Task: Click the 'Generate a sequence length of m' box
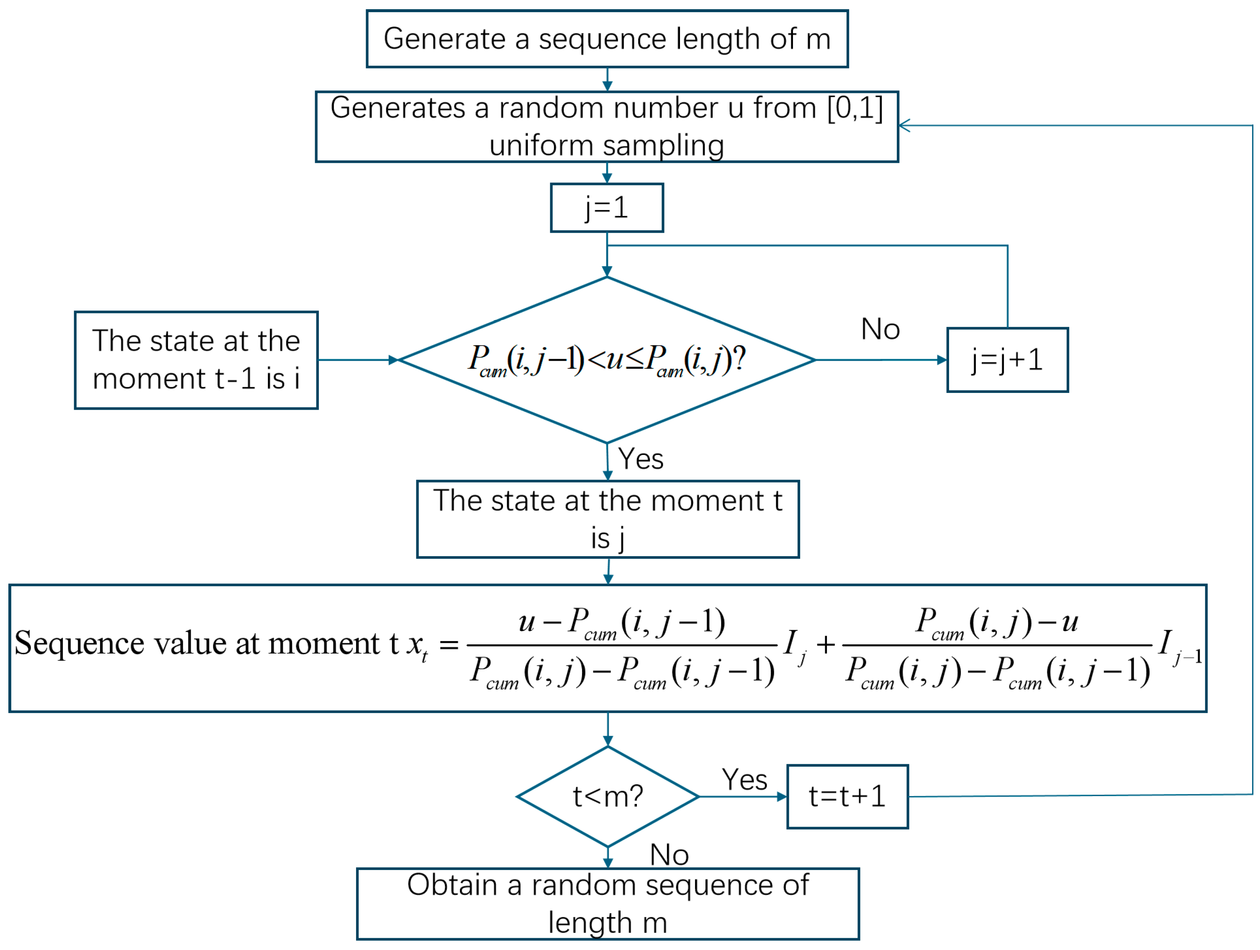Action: tap(607, 39)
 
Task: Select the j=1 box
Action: tap(607, 208)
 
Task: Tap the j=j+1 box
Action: tap(1007, 360)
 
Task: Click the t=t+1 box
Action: tap(847, 796)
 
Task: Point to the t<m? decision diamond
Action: tap(608, 796)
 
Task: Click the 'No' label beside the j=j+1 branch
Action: tap(880, 329)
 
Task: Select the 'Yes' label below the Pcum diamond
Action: tap(641, 459)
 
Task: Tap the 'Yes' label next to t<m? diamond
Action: tap(744, 779)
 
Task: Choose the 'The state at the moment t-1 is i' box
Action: tap(196, 360)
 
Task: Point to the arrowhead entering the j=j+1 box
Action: tap(942, 360)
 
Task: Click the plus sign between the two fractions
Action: tap(825, 645)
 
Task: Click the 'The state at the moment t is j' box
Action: tap(607, 519)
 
